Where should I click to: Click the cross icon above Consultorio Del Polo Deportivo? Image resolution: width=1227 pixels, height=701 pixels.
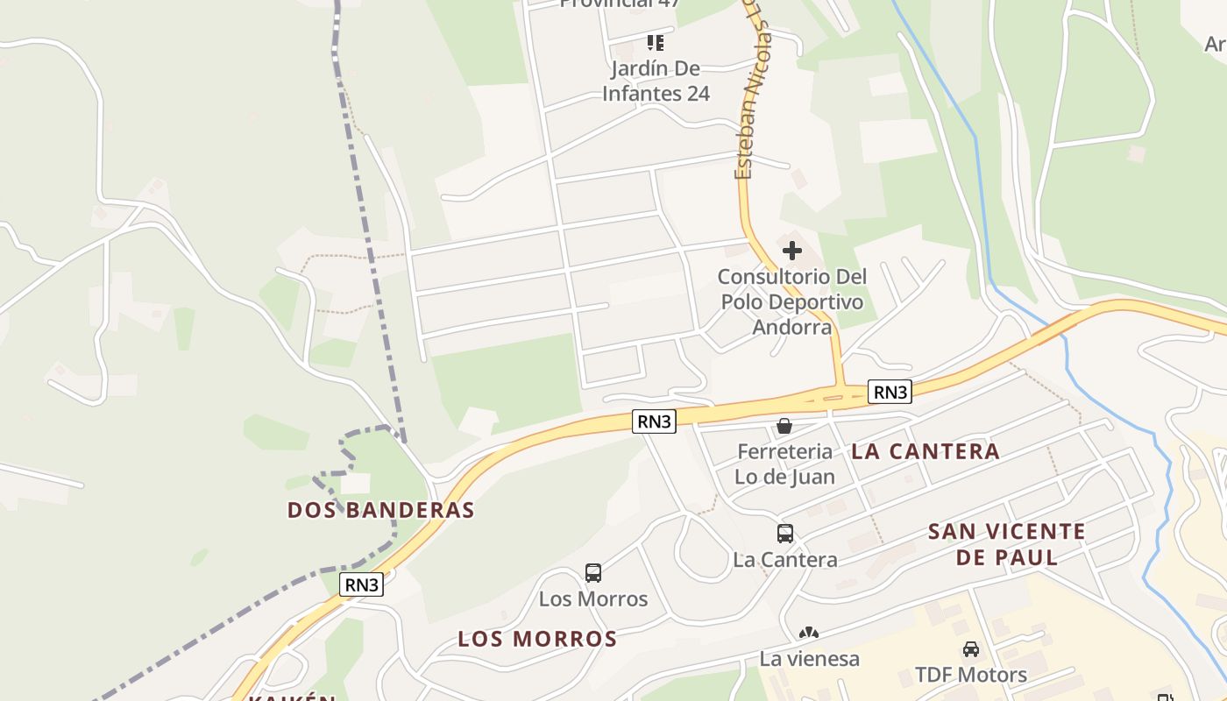point(791,251)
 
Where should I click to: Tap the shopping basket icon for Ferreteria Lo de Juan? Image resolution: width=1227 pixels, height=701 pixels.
point(784,426)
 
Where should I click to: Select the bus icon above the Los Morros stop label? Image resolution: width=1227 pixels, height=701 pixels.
point(593,573)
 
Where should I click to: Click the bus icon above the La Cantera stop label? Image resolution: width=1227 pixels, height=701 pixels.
point(785,533)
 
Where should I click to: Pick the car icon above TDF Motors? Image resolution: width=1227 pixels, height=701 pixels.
point(970,649)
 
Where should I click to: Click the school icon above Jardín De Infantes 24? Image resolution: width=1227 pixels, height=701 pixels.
point(656,42)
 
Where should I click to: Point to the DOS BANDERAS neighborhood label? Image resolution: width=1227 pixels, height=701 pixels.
point(381,510)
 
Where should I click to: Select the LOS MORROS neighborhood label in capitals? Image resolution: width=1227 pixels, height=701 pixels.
point(537,639)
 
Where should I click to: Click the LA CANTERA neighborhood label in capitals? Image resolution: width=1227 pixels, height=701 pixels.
point(926,451)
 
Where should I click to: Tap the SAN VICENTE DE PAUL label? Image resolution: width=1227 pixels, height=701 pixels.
point(1007,544)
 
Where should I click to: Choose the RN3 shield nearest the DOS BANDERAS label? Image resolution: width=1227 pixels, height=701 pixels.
point(363,584)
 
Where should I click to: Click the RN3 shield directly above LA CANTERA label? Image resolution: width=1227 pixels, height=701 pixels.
point(890,392)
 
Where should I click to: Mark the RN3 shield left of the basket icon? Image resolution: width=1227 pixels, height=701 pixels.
point(655,421)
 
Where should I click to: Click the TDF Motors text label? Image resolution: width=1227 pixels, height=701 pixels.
point(971,675)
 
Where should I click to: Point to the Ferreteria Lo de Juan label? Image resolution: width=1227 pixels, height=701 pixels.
point(784,464)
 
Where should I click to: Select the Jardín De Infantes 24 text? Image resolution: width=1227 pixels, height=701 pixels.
point(656,81)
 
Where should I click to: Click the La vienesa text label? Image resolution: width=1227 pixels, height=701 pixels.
point(809,659)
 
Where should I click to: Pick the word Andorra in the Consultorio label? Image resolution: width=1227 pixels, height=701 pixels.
point(791,327)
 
